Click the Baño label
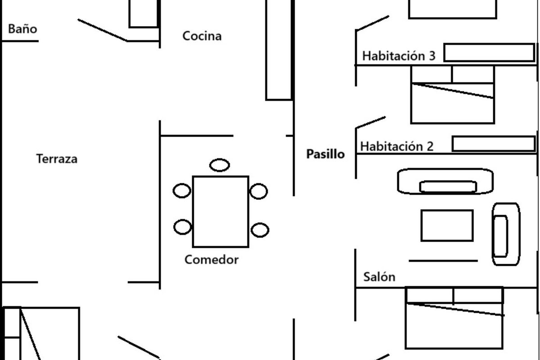tap(22, 29)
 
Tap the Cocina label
tap(202, 36)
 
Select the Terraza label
tap(57, 159)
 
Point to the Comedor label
tap(211, 260)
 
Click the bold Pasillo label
tap(325, 154)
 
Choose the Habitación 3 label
tap(399, 56)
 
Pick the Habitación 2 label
tap(397, 147)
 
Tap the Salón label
tap(379, 277)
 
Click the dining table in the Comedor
tap(220, 211)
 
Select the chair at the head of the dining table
tap(220, 165)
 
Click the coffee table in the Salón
tap(447, 225)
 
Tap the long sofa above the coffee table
tap(445, 181)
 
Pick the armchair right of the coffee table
tap(505, 234)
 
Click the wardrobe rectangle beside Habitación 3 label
tap(489, 53)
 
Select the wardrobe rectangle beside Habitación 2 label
tap(493, 144)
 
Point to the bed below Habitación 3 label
tap(452, 101)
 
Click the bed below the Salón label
tap(454, 324)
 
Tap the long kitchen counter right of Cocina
tap(279, 49)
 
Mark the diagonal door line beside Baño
tap(103, 30)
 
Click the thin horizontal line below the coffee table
tap(443, 261)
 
